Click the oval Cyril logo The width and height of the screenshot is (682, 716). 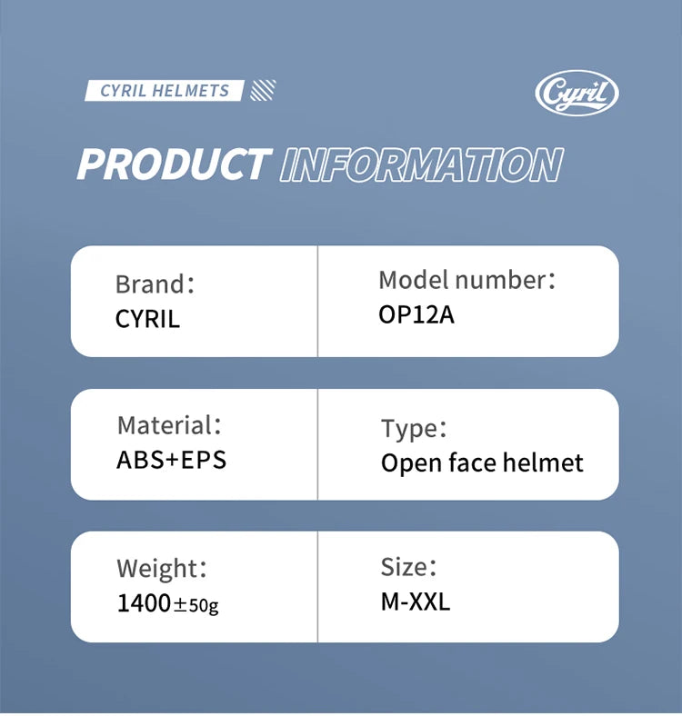(x=577, y=94)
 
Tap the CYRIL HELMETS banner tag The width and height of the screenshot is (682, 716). (x=165, y=91)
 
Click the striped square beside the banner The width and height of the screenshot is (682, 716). (x=264, y=91)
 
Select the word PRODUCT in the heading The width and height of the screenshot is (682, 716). (x=174, y=164)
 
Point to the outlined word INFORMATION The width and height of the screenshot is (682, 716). (x=421, y=164)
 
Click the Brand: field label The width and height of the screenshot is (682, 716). (x=155, y=284)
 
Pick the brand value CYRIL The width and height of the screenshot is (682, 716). (x=147, y=319)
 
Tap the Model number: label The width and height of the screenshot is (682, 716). (x=466, y=280)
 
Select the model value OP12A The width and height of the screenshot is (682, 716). (x=416, y=314)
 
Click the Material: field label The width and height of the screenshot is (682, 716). (x=169, y=425)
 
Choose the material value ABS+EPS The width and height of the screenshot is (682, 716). (x=172, y=460)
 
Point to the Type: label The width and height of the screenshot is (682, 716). (x=414, y=429)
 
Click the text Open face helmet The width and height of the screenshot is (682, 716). (x=482, y=463)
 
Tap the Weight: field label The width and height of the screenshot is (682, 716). (x=162, y=569)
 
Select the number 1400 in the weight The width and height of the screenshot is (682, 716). (x=144, y=602)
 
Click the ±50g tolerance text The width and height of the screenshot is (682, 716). (x=196, y=605)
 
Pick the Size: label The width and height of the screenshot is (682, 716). (x=408, y=567)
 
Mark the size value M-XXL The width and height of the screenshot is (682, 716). (x=416, y=602)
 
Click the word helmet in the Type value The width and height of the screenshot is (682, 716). (x=543, y=462)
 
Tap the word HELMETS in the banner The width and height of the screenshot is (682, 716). (x=191, y=91)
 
